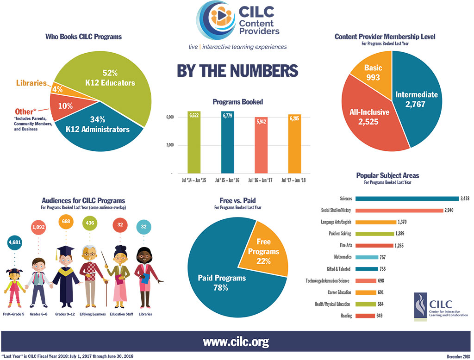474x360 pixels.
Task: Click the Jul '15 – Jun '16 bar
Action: coord(227,142)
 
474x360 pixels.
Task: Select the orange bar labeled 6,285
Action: coord(294,144)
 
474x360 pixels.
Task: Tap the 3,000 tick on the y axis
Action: coord(170,145)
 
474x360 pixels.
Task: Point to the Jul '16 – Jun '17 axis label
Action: coord(260,180)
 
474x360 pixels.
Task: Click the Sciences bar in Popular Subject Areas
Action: coord(407,199)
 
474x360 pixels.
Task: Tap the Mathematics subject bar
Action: coord(367,257)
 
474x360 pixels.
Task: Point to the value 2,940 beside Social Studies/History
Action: coord(449,210)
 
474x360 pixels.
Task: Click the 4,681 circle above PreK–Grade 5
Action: coord(14,242)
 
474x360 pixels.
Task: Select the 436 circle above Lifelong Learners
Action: coord(90,223)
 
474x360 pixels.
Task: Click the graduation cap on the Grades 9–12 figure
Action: coord(65,251)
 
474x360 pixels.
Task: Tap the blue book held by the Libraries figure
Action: coord(145,279)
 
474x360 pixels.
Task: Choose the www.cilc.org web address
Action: coord(236,341)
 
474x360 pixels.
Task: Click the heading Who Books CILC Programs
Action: coord(83,37)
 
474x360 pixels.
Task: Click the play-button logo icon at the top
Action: coord(221,16)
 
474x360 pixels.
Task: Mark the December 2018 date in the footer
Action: coord(459,357)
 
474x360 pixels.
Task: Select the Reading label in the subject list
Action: coord(346,316)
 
